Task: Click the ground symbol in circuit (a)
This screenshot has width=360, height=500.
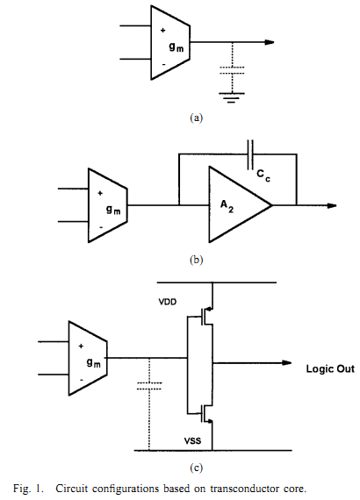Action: tap(232, 97)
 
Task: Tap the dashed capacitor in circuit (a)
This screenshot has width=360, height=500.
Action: tap(232, 70)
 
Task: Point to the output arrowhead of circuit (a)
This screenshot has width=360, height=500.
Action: tap(270, 42)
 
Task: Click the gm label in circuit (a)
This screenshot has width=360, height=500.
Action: tap(176, 47)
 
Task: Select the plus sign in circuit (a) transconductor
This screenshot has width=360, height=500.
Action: tap(163, 31)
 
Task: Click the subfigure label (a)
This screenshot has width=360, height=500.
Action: tap(197, 118)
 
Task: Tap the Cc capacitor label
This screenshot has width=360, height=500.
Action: tap(263, 175)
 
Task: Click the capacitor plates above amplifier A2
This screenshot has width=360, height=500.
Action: tap(250, 154)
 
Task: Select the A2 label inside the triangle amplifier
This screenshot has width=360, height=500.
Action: tap(227, 205)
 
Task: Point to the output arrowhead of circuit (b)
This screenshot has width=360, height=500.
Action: tap(332, 205)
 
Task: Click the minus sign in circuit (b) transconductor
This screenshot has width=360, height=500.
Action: tap(101, 227)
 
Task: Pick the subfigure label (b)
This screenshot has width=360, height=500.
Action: tap(197, 260)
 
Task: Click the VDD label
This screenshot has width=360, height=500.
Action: tap(168, 302)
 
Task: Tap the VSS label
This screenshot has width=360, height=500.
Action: tap(192, 441)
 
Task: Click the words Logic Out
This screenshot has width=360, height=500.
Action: tap(330, 369)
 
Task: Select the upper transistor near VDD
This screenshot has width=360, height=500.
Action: tap(205, 317)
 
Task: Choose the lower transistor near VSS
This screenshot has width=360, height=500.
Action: tap(205, 413)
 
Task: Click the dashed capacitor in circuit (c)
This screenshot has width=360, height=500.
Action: tap(149, 386)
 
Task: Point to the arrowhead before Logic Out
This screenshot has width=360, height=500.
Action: tap(286, 363)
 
